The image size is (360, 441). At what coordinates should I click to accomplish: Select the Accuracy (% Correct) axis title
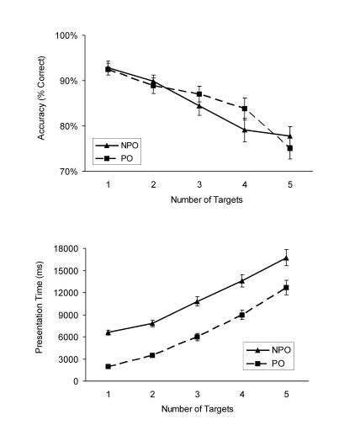(x=41, y=102)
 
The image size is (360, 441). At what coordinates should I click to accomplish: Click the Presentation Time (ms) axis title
(x=40, y=314)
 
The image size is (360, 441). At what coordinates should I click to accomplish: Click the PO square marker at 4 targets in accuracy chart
(x=244, y=109)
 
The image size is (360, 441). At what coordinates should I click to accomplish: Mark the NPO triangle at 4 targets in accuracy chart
(x=244, y=130)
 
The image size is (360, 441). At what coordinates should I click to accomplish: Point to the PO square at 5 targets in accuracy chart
(x=289, y=148)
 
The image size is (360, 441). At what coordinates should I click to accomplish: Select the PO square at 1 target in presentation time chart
(x=109, y=367)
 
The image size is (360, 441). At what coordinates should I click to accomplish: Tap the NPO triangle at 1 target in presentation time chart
(x=109, y=332)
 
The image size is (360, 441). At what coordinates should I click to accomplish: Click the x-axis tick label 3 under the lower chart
(x=198, y=393)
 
